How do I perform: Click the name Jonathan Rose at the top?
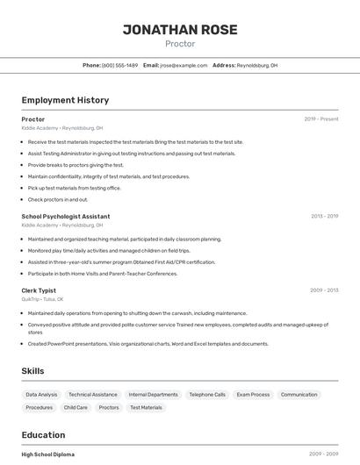pyautogui.click(x=180, y=30)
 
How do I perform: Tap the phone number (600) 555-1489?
pyautogui.click(x=119, y=66)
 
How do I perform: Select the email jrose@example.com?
pyautogui.click(x=184, y=66)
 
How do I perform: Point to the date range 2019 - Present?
pyautogui.click(x=321, y=119)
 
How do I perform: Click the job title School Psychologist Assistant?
pyautogui.click(x=66, y=216)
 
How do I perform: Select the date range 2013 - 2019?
pyautogui.click(x=324, y=216)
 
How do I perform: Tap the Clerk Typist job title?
pyautogui.click(x=39, y=290)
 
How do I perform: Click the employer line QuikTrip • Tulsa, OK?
pyautogui.click(x=42, y=299)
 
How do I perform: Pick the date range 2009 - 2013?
pyautogui.click(x=324, y=290)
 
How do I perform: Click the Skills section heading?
pyautogui.click(x=32, y=371)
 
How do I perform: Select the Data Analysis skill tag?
pyautogui.click(x=41, y=395)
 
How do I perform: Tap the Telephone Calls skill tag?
pyautogui.click(x=207, y=395)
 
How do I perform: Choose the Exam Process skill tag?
pyautogui.click(x=253, y=395)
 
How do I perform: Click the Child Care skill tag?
pyautogui.click(x=76, y=408)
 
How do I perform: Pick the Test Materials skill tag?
pyautogui.click(x=146, y=408)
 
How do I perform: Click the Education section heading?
pyautogui.click(x=43, y=435)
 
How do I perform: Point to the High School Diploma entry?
pyautogui.click(x=48, y=454)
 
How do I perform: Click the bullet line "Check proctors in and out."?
pyautogui.click(x=58, y=199)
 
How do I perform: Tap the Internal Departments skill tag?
pyautogui.click(x=153, y=395)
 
